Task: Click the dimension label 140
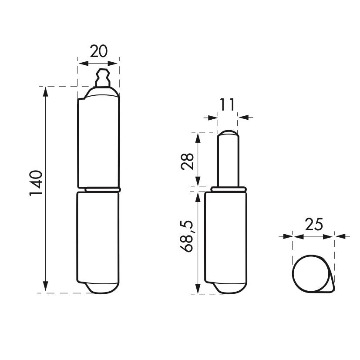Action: click(x=36, y=183)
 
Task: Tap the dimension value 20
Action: click(x=98, y=51)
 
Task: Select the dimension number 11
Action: click(x=228, y=104)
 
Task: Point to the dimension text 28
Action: click(x=188, y=161)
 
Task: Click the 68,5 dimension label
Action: click(x=187, y=236)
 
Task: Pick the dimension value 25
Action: click(x=314, y=224)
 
